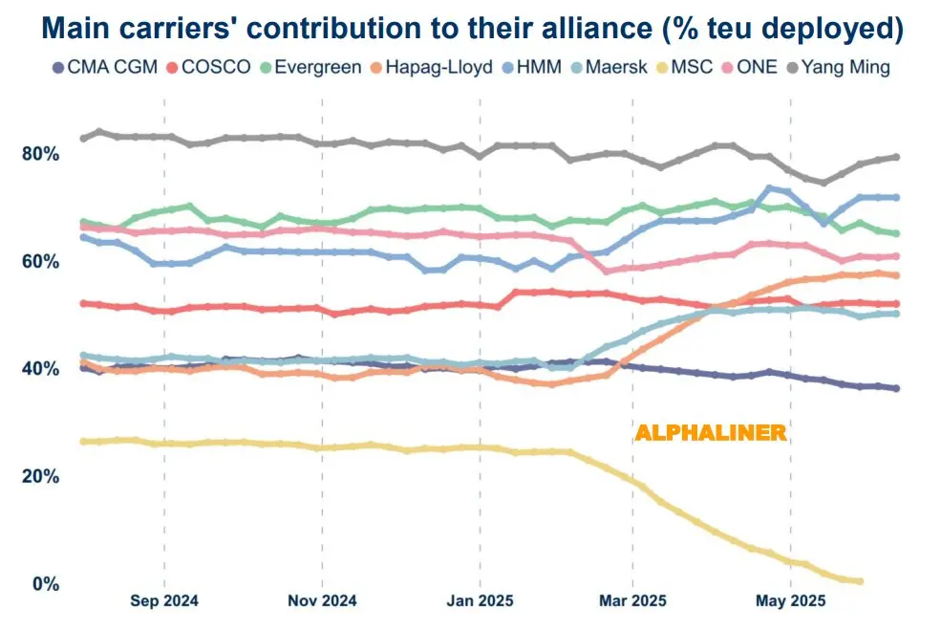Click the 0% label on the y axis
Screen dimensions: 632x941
(44, 583)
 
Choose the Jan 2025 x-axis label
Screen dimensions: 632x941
(481, 601)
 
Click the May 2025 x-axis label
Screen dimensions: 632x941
(791, 601)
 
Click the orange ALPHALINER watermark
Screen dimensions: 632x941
(711, 433)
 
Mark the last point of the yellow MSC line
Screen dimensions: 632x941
(860, 581)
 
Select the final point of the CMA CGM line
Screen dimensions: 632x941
(895, 388)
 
